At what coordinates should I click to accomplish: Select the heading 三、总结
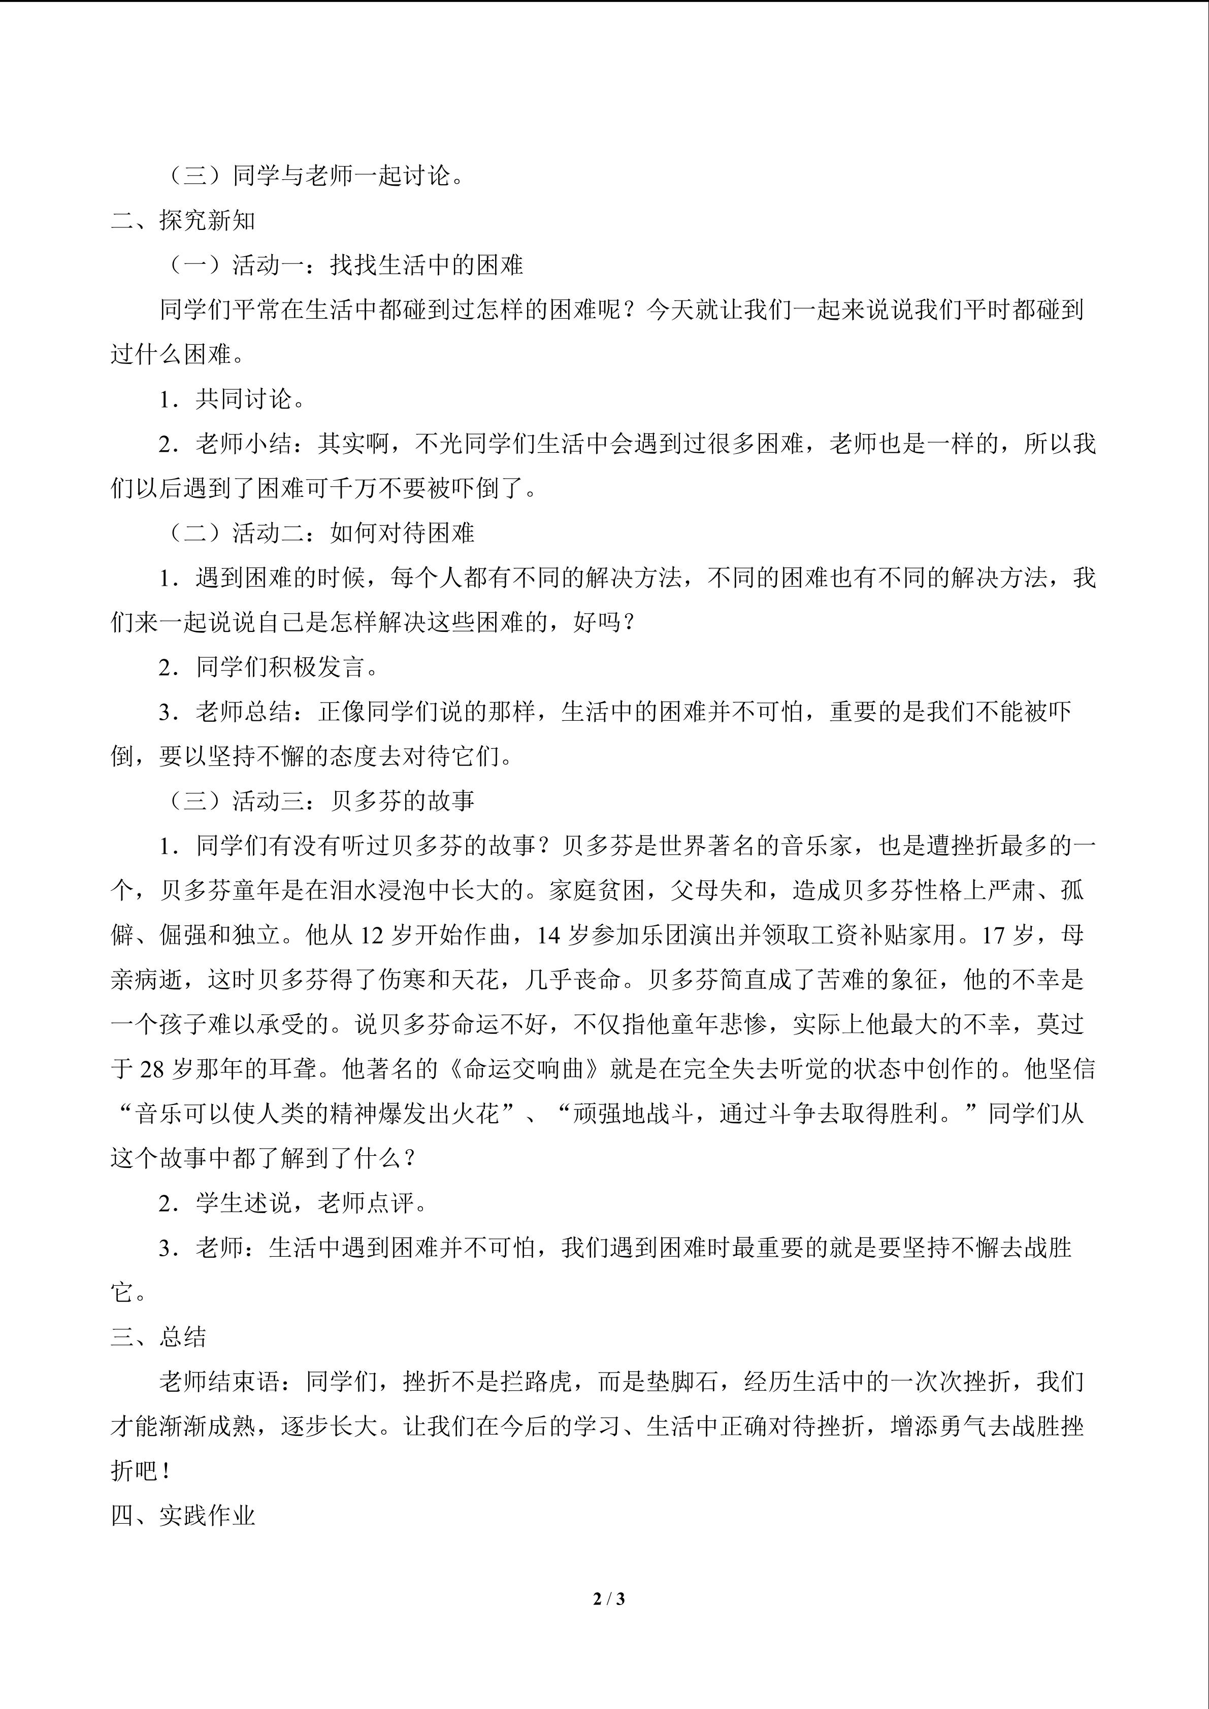pyautogui.click(x=158, y=1337)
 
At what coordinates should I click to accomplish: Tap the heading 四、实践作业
pyautogui.click(x=183, y=1516)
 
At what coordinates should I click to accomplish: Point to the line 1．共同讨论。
pyautogui.click(x=232, y=399)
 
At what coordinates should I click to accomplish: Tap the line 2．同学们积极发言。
pyautogui.click(x=269, y=667)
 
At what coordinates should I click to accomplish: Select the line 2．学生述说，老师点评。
pyautogui.click(x=293, y=1203)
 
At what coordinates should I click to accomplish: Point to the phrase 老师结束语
pyautogui.click(x=220, y=1382)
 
